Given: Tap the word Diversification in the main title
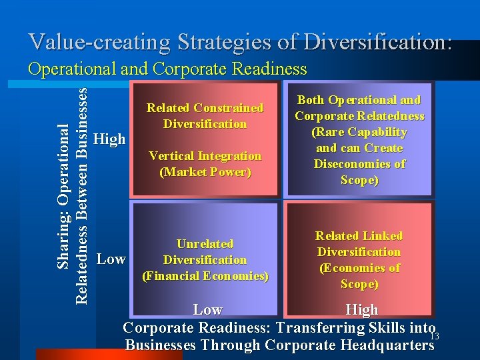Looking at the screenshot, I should [x=381, y=42].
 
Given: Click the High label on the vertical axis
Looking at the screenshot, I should [x=109, y=139].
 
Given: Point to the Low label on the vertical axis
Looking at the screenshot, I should [x=111, y=259].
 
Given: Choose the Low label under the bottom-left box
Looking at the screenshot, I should [x=207, y=309].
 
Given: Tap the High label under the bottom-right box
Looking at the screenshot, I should [x=362, y=309].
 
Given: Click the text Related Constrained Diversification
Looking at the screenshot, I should [x=205, y=115].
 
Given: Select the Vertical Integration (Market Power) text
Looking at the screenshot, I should [x=205, y=164].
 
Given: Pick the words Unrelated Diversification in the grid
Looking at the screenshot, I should [x=205, y=252].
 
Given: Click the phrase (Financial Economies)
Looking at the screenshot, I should [x=205, y=275].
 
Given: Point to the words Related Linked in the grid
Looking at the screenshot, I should [x=359, y=236].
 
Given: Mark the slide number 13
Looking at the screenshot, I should [x=434, y=335].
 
